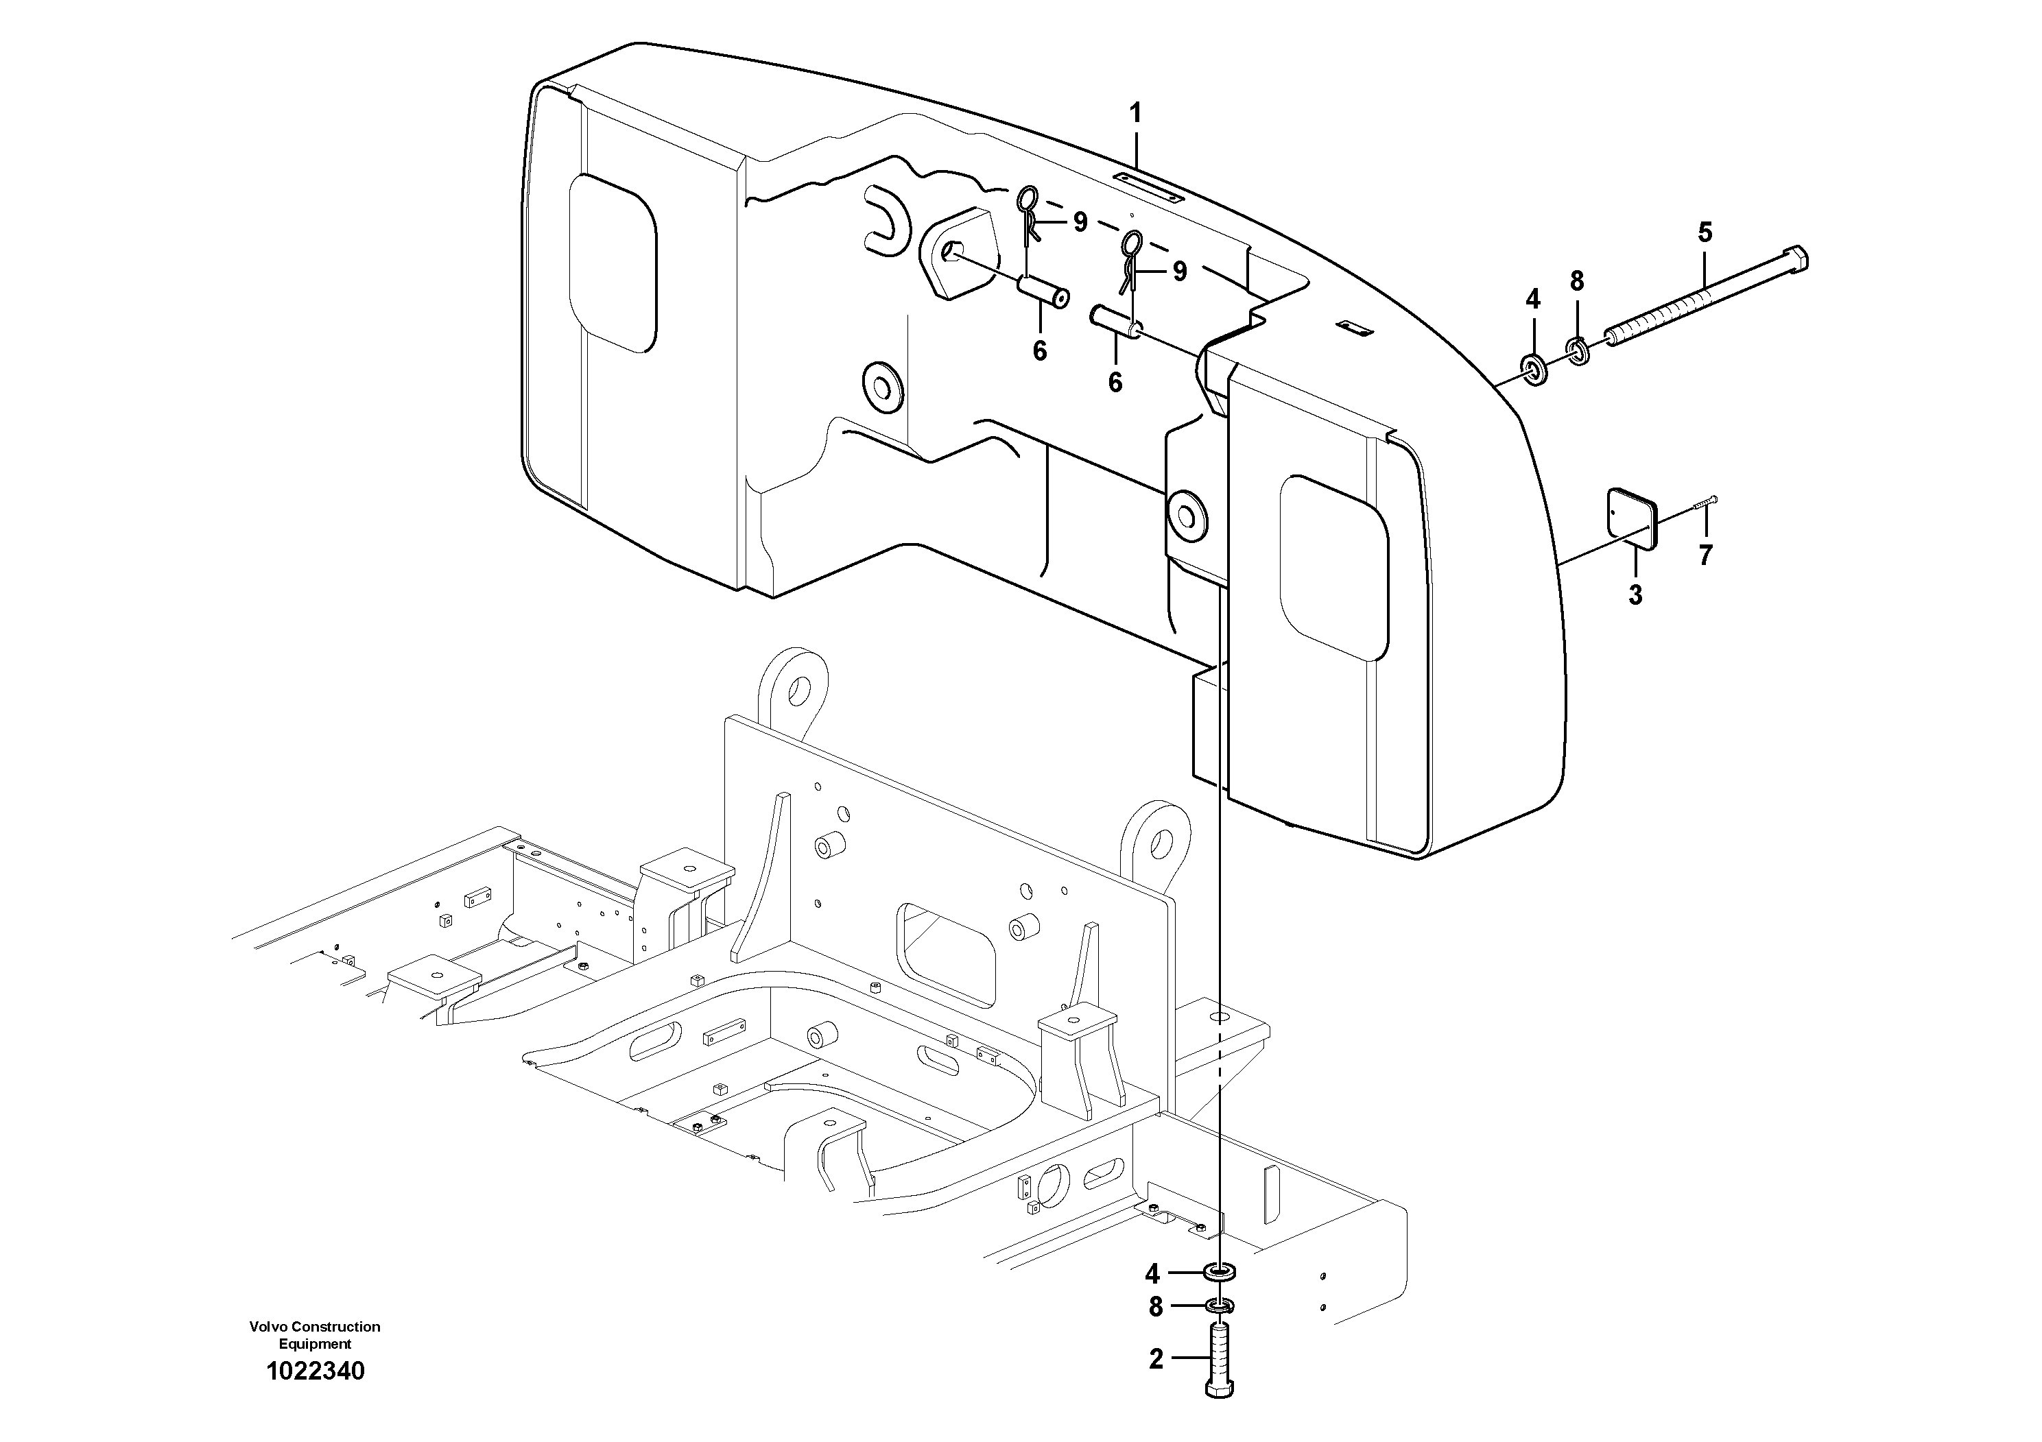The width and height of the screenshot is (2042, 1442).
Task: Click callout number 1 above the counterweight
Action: point(1135,114)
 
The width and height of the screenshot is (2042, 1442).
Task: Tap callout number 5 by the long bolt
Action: point(1704,233)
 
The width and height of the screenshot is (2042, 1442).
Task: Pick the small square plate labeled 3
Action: point(1634,518)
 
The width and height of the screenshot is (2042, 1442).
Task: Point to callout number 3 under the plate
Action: point(1635,594)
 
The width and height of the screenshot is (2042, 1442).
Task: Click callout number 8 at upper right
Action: point(1577,281)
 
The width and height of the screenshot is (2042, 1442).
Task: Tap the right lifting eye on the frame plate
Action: point(1154,839)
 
